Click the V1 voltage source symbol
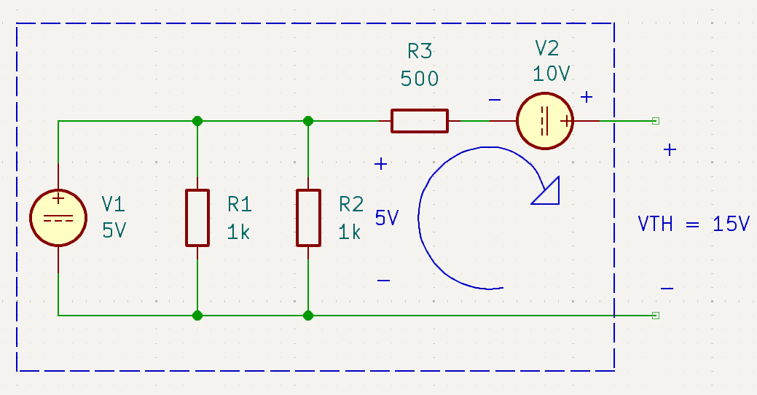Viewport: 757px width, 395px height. tap(58, 218)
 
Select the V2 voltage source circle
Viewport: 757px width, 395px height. tap(545, 121)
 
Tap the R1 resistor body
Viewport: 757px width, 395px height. tap(197, 218)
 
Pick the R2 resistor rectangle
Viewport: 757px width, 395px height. tap(308, 218)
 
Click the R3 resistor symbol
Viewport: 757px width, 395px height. tap(420, 121)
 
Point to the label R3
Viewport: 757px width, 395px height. tap(420, 51)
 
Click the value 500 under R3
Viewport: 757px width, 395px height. tap(419, 79)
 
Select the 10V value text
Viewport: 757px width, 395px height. tap(552, 74)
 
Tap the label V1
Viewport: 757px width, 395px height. tap(114, 204)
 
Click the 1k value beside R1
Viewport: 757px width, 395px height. tap(238, 232)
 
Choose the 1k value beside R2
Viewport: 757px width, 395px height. tap(350, 232)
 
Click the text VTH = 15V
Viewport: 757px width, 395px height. tap(694, 224)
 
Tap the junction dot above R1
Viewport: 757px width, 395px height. tap(197, 121)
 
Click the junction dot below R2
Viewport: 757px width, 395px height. tap(308, 316)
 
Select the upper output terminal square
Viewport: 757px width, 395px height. tap(656, 121)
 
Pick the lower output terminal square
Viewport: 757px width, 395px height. tap(656, 316)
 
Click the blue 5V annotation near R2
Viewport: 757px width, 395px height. tap(387, 218)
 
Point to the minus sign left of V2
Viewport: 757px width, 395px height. tap(495, 100)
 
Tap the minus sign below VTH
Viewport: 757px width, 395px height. tap(667, 289)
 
